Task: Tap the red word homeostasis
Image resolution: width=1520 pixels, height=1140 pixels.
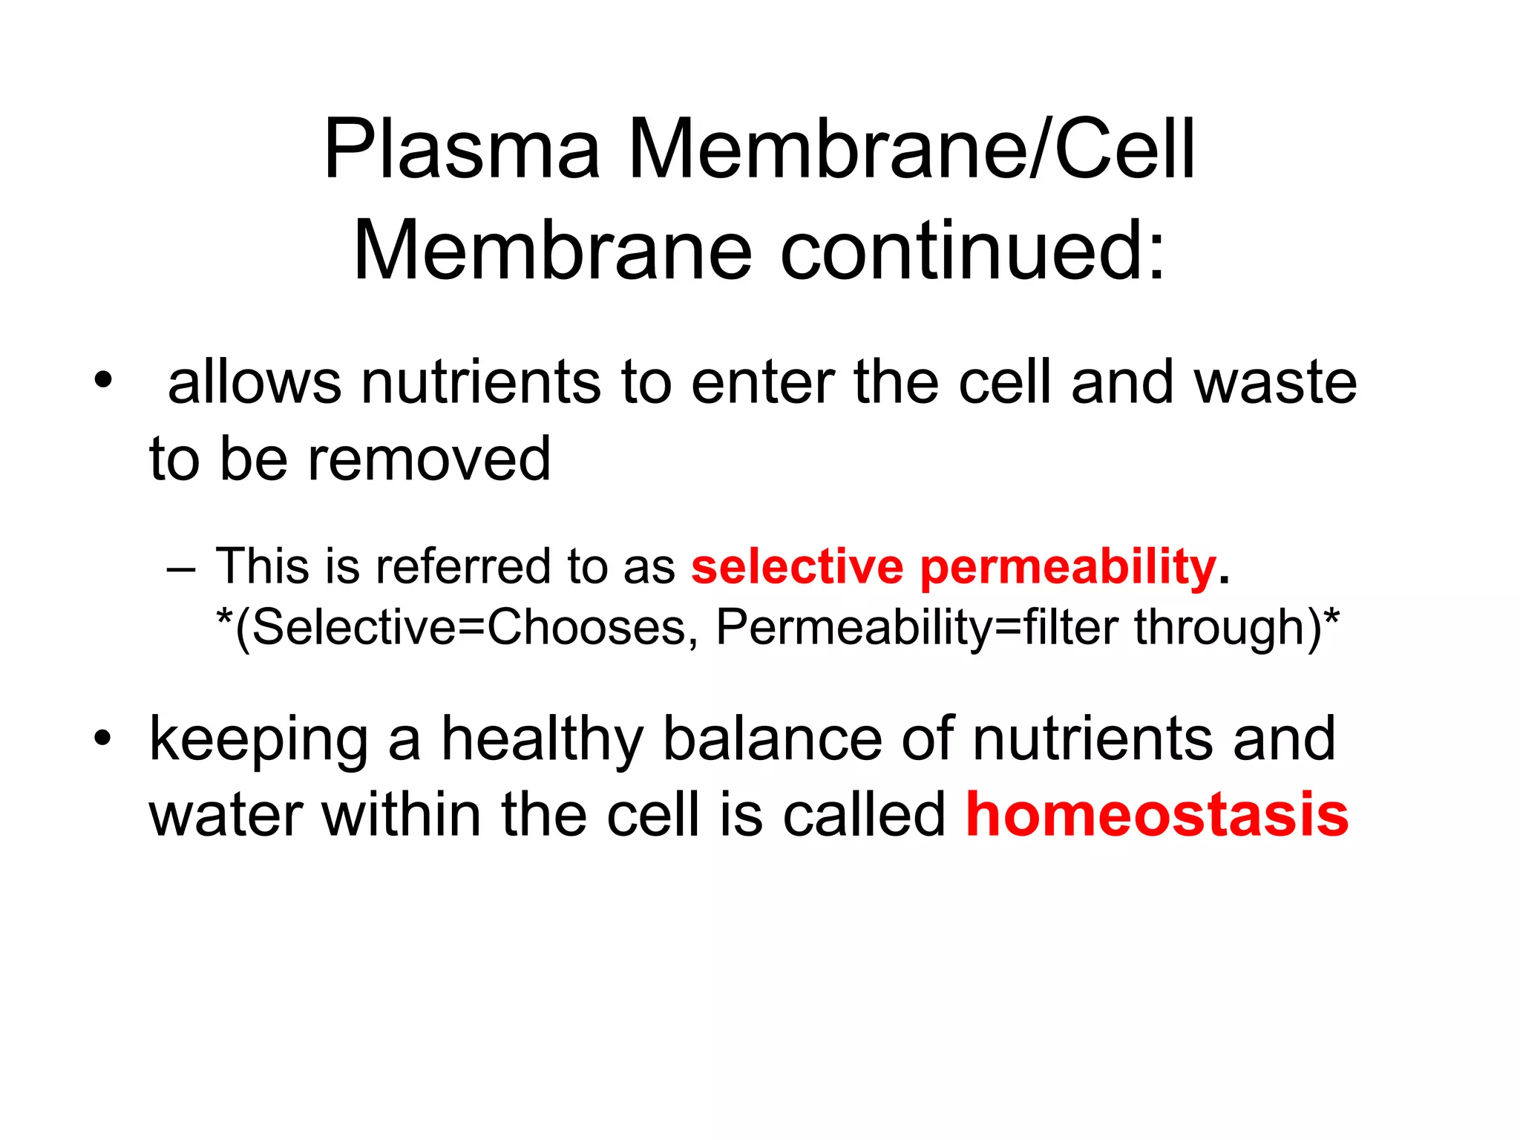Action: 1156,814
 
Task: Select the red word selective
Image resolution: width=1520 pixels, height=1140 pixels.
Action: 796,566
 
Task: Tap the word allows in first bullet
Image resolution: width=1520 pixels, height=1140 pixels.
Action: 254,382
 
